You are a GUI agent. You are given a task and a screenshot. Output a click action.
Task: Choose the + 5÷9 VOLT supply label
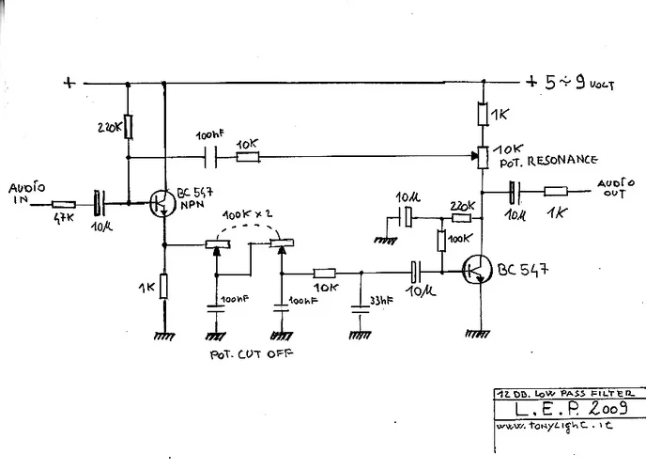click(x=570, y=82)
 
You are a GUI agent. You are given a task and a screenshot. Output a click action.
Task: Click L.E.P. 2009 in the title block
click(x=560, y=411)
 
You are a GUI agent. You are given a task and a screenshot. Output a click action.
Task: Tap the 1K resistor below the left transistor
click(x=164, y=286)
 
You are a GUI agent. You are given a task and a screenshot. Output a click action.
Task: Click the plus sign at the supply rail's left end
click(x=67, y=82)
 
